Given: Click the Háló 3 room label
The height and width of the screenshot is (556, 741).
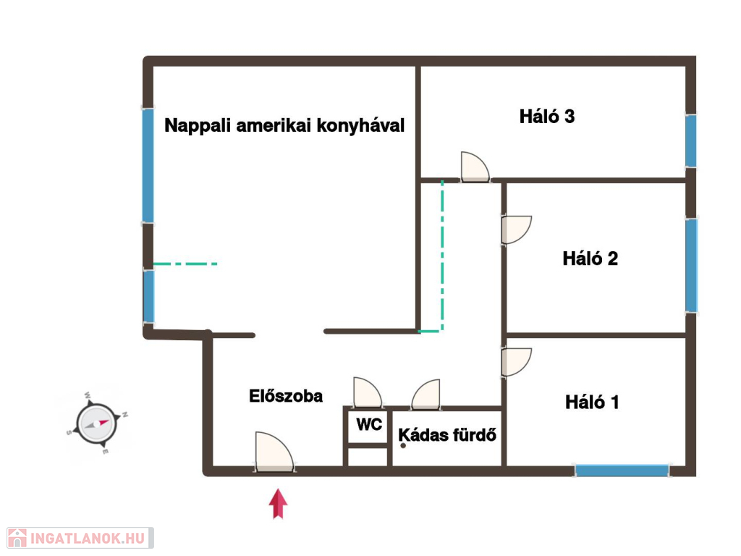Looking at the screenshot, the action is coord(547,117).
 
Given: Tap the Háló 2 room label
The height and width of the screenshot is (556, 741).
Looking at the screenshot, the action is coord(590,258).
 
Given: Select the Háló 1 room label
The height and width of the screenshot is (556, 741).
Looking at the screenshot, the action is coord(592,403).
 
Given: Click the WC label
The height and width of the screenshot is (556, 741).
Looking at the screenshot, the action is coord(369,424).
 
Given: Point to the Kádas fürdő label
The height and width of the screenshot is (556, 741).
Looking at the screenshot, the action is coord(447,435).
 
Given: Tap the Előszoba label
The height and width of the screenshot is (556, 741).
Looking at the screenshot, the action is coord(286,396).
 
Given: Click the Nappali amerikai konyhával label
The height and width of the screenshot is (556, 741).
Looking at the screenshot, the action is coord(284,126).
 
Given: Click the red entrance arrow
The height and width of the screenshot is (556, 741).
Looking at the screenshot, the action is coord(278,504).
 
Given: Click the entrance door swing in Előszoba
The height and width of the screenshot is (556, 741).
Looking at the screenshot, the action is coord(274,452).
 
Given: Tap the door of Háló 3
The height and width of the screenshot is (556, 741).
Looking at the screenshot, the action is coord(475,167).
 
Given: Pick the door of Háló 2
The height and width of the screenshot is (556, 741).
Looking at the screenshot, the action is coord(517,230).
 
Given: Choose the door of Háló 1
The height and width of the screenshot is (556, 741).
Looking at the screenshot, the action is coord(517,363).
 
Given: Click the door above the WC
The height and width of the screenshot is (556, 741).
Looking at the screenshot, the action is coord(368,392).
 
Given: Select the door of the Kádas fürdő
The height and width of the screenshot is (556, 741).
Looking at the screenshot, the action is coord(425,394).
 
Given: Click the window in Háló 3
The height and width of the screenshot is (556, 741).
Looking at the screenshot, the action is coord(690,140).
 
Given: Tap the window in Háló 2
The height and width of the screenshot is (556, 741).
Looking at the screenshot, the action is coord(691,265).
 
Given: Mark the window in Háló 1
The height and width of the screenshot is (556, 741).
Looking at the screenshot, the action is coord(622,471).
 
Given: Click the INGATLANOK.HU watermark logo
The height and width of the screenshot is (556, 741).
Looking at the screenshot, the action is coord(80,538).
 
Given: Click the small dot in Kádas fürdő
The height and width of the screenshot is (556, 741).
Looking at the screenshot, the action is coord(403,445).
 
